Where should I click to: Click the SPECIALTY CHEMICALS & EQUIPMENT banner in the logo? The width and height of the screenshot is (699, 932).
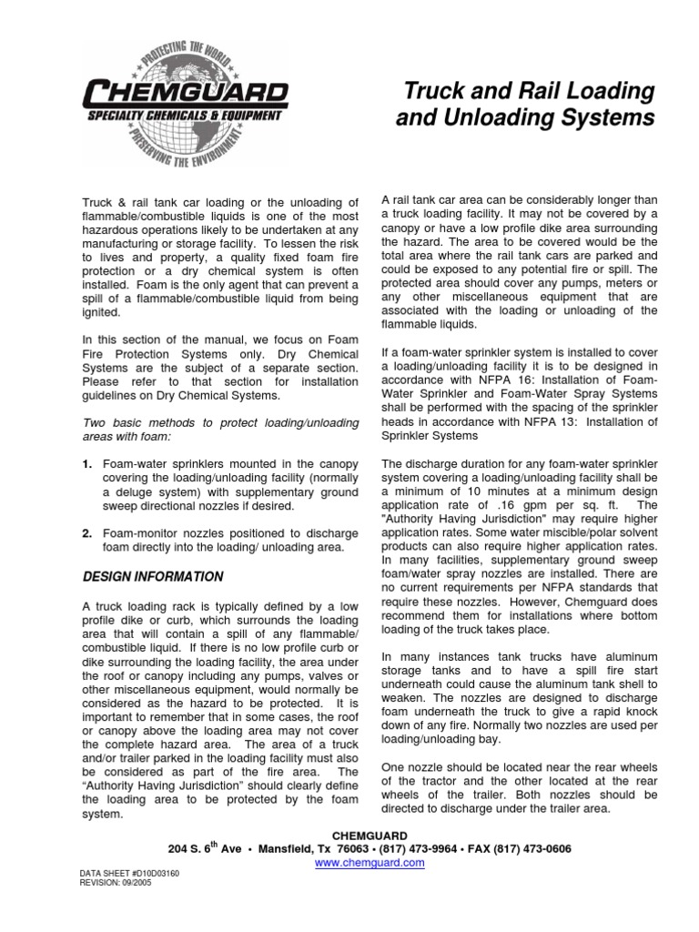183,116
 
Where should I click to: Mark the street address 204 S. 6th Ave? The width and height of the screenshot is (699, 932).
209,847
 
